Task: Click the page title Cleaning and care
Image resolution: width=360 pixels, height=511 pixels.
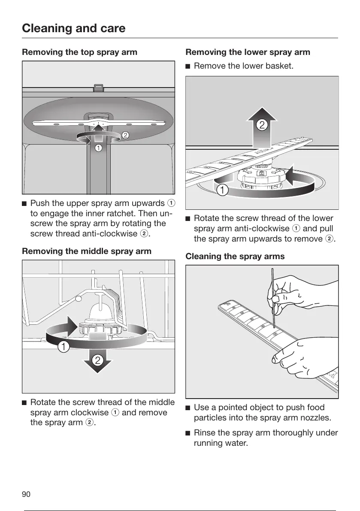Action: pyautogui.click(x=74, y=28)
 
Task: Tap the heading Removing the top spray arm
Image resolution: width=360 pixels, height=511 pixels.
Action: pyautogui.click(x=79, y=52)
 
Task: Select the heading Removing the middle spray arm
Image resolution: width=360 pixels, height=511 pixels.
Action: pyautogui.click(x=86, y=251)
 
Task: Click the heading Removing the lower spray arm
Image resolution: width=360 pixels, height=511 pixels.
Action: pyautogui.click(x=248, y=52)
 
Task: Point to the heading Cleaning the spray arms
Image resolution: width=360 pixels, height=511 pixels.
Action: pyautogui.click(x=235, y=257)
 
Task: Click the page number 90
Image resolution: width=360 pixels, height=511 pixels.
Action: pyautogui.click(x=26, y=495)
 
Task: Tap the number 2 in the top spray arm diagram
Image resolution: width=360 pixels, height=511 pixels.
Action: pyautogui.click(x=125, y=135)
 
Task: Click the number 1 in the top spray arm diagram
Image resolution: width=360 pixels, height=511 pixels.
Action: pyautogui.click(x=99, y=148)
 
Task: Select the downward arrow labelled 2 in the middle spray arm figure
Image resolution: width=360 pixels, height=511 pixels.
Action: pyautogui.click(x=98, y=360)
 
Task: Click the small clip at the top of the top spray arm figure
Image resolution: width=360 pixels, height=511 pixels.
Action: pyautogui.click(x=98, y=88)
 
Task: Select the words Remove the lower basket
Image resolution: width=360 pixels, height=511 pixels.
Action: pyautogui.click(x=244, y=66)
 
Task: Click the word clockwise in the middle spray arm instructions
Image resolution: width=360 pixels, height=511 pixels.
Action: pyautogui.click(x=91, y=412)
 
